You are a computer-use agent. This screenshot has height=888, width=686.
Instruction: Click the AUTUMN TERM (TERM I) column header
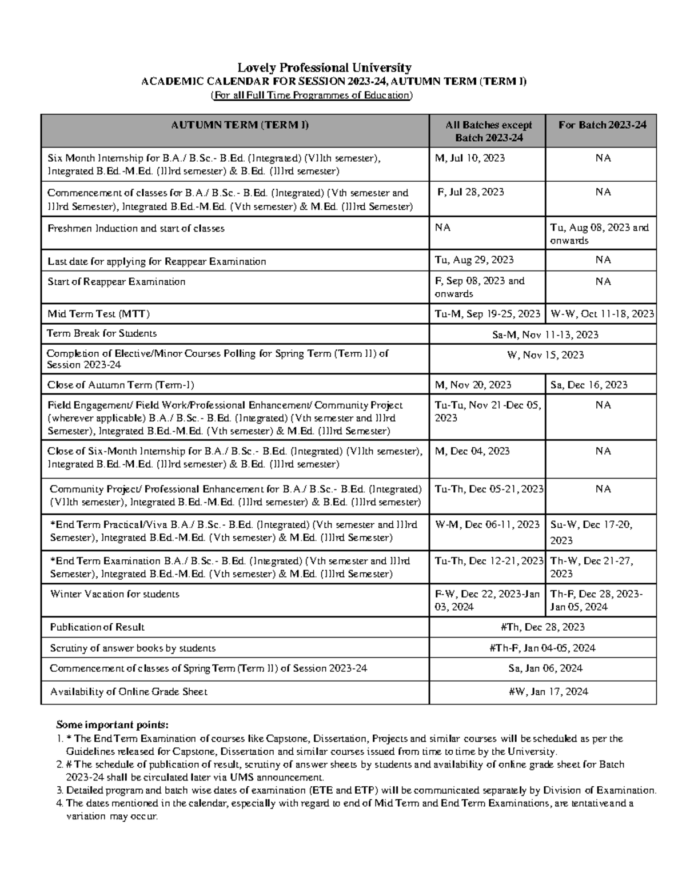[240, 125]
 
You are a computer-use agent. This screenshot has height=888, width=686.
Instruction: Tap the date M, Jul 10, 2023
[470, 158]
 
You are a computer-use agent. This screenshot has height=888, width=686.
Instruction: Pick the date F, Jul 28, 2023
[470, 192]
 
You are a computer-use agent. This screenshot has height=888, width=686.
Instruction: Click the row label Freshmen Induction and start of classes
[136, 228]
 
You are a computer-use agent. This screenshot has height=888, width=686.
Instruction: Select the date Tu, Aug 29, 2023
[474, 260]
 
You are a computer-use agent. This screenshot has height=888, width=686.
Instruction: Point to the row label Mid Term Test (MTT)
[99, 313]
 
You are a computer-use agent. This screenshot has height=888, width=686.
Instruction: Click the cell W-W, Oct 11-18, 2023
[601, 313]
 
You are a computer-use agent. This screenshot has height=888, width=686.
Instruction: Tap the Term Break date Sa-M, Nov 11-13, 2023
[545, 335]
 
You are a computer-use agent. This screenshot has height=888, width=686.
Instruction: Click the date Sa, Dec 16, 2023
[589, 385]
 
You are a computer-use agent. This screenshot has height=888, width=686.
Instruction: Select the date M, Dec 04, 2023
[472, 451]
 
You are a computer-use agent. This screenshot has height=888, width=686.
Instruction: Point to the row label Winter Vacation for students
[115, 594]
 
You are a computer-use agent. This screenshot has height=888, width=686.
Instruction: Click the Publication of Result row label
[97, 627]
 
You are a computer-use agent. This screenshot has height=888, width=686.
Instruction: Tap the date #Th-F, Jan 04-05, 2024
[542, 648]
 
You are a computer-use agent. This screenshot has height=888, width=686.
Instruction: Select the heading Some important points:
[113, 726]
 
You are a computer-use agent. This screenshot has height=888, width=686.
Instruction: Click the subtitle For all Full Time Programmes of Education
[311, 95]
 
